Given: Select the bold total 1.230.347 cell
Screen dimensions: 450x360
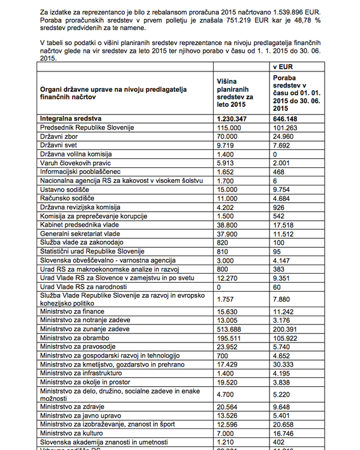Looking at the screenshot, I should [233, 118].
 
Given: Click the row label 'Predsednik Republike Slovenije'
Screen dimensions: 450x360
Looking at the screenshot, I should [86, 127].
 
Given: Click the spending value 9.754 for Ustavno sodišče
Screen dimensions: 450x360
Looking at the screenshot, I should [283, 190].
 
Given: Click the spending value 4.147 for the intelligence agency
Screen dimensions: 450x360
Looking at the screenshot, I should [283, 260].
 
